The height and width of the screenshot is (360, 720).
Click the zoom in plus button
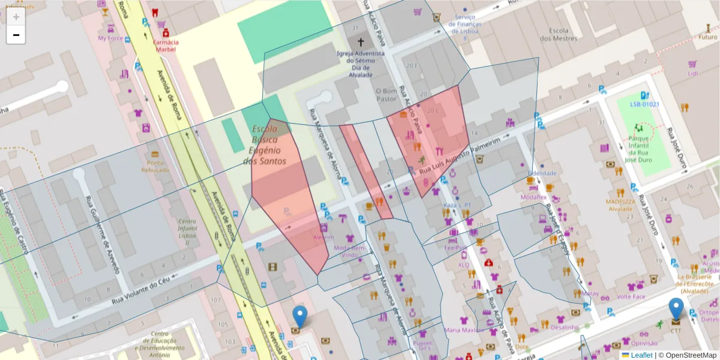(x=16, y=17)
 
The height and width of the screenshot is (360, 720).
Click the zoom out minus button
(x=16, y=35)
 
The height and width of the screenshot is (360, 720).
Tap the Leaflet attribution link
(x=641, y=355)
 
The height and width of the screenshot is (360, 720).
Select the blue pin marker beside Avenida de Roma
(x=299, y=317)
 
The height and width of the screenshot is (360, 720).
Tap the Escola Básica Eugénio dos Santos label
(x=265, y=145)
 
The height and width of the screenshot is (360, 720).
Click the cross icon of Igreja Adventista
(x=361, y=42)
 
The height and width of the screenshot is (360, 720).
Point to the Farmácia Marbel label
(x=166, y=46)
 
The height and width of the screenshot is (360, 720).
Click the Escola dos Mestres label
(x=558, y=34)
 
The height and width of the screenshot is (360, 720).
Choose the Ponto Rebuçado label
(x=155, y=166)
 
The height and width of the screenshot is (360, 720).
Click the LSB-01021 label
(x=644, y=104)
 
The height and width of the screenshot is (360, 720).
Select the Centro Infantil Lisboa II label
(x=187, y=232)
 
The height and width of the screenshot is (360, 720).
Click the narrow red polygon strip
(x=366, y=171)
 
